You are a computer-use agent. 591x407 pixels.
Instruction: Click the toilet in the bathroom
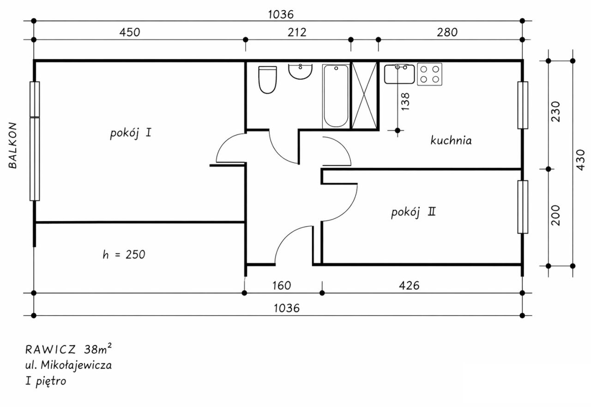(x=267, y=80)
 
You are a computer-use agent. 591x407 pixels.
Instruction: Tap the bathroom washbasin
(x=300, y=71)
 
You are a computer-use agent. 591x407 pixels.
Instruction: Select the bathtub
(x=336, y=96)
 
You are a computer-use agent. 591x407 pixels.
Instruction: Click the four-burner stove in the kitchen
(x=429, y=74)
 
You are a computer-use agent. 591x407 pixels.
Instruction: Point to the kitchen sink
(x=399, y=74)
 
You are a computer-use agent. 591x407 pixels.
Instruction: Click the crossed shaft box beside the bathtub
(x=364, y=96)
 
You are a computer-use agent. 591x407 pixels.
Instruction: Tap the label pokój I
(x=130, y=133)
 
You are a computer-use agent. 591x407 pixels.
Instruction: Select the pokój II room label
(x=413, y=212)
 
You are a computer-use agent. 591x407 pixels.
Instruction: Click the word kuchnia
(x=451, y=140)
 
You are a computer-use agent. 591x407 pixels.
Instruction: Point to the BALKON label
(x=12, y=145)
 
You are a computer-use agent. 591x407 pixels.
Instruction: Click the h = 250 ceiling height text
(x=124, y=255)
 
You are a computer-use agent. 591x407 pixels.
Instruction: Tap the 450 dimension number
(x=130, y=32)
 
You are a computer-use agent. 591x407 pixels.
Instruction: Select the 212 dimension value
(x=297, y=32)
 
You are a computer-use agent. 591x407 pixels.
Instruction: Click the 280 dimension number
(x=447, y=32)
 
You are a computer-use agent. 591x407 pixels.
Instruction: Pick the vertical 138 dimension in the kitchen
(x=405, y=101)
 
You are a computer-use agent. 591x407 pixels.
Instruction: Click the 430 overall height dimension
(x=580, y=160)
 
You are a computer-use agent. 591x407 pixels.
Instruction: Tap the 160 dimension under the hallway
(x=282, y=286)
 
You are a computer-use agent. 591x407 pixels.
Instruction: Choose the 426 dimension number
(x=409, y=286)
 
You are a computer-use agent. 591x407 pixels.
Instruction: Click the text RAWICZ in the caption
(x=51, y=350)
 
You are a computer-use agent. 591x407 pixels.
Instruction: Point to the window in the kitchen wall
(x=523, y=105)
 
